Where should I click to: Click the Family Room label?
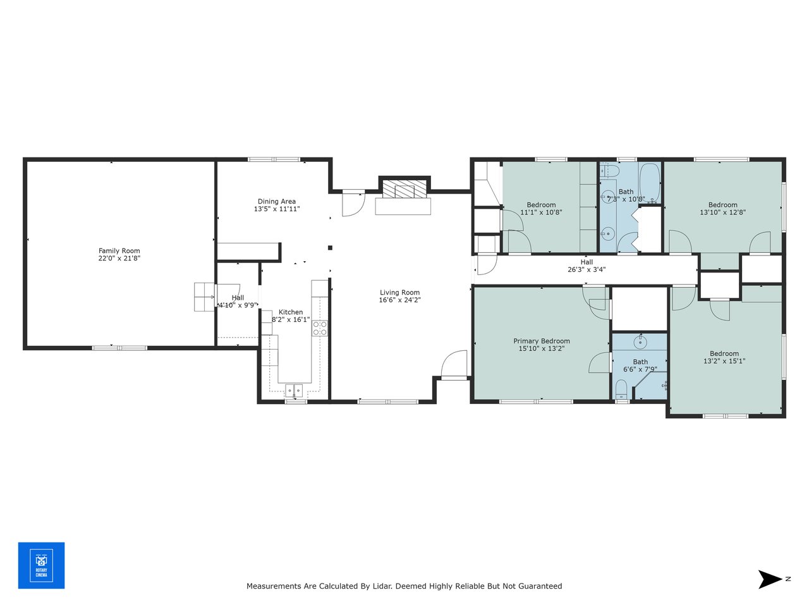click(119, 251)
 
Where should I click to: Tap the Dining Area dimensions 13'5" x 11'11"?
click(277, 209)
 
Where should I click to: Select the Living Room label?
click(399, 293)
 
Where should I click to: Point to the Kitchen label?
click(291, 312)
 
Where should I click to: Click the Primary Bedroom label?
click(542, 341)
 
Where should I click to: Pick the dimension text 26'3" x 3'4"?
click(587, 270)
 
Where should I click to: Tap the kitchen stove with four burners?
click(320, 328)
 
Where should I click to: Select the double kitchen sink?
click(294, 390)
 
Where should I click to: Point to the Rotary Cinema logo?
click(41, 565)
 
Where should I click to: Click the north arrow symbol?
click(770, 579)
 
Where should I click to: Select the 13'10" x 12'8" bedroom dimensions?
click(722, 212)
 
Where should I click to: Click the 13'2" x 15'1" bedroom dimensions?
click(724, 362)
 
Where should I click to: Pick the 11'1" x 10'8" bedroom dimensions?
click(541, 212)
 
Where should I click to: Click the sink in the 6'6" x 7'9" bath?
click(640, 342)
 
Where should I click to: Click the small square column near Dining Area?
click(330, 248)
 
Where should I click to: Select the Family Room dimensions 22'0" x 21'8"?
click(119, 259)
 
